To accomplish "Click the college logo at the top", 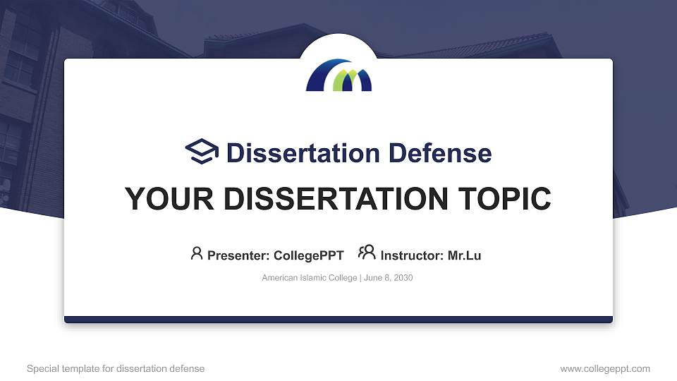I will (338, 75).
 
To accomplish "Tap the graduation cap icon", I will (202, 152).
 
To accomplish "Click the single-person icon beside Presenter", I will (197, 253).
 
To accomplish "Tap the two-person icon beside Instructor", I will (367, 253).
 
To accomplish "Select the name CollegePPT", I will (309, 255).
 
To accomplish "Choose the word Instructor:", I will (412, 255).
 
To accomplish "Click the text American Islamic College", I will (310, 278).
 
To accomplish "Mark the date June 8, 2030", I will (389, 278).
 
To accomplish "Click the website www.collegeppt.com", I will (605, 368).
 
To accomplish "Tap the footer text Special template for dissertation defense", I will (116, 368).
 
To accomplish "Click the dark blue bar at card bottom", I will (338, 320).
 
